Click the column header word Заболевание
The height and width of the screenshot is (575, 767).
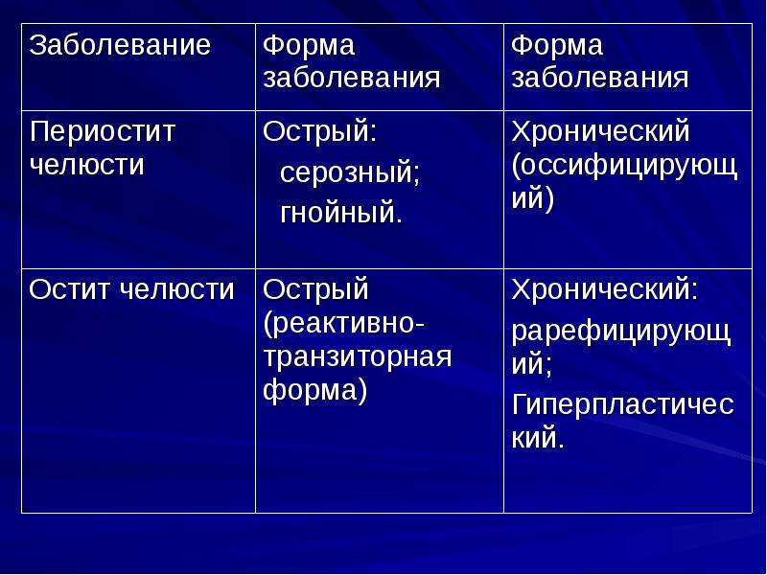click(120, 45)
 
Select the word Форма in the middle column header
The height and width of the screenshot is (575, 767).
click(309, 45)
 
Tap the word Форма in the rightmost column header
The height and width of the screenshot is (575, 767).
click(557, 45)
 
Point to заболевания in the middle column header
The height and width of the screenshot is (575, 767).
click(352, 79)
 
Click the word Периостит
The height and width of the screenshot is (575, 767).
click(103, 132)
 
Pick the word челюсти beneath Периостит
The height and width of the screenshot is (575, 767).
click(87, 165)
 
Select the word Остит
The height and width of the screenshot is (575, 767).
click(70, 290)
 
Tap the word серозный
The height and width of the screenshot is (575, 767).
click(350, 173)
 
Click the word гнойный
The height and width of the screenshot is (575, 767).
click(341, 213)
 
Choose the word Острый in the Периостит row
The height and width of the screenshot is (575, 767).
click(320, 132)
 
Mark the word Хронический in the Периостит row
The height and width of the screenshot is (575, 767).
click(601, 132)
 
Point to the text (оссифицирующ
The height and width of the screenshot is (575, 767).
click(625, 166)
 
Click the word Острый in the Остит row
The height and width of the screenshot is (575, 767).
click(316, 290)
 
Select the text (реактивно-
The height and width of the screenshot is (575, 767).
click(344, 324)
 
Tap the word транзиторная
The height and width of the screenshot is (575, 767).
click(358, 356)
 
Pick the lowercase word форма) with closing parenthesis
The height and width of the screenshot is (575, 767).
click(315, 390)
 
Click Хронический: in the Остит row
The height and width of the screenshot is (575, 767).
click(605, 290)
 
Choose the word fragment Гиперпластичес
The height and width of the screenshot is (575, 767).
click(622, 405)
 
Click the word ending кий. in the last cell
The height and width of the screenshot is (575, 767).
click(538, 437)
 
